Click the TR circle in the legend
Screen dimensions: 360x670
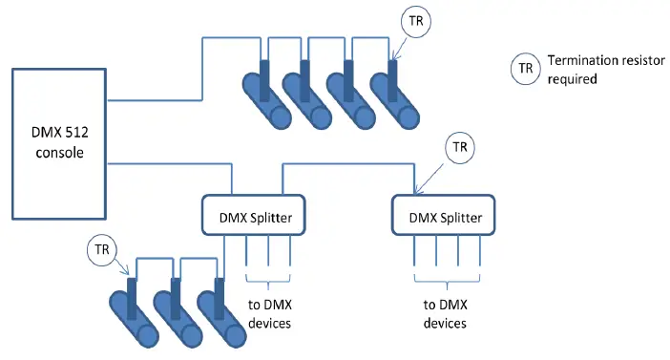[524, 69]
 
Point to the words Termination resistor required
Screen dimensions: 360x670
[584, 70]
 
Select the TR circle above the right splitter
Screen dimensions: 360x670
[460, 147]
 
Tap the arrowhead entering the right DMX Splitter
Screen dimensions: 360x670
[416, 190]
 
